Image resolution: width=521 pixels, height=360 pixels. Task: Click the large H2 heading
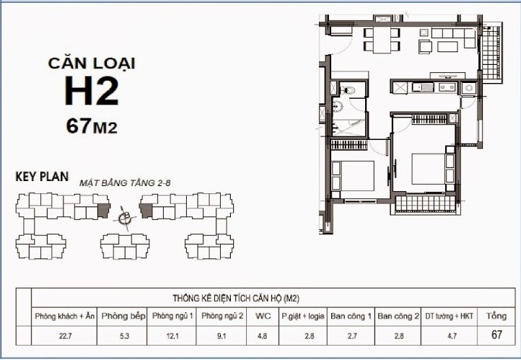point(91,92)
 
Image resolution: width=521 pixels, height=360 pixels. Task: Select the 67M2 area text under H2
point(91,126)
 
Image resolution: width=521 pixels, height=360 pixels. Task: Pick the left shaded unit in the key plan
point(103,211)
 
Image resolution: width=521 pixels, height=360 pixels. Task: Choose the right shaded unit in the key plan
point(146,211)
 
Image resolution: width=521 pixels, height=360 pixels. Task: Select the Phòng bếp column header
point(123,316)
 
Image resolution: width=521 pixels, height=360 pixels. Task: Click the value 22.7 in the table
point(65,335)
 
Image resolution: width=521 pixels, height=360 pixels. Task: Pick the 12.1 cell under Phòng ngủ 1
point(172,335)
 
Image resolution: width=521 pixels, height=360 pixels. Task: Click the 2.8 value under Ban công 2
point(397,335)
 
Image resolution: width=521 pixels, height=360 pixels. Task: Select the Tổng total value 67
point(496,335)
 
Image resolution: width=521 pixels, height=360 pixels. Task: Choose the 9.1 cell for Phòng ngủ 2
point(222,335)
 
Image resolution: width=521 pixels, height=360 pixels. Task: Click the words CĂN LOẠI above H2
point(91,63)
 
